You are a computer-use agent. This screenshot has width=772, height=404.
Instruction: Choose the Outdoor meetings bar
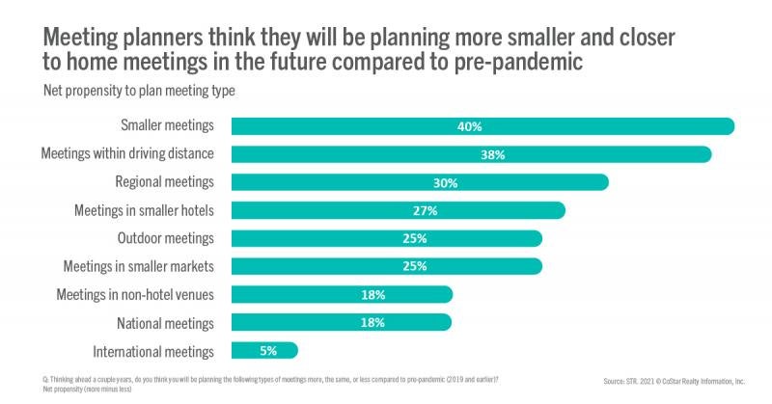(x=386, y=238)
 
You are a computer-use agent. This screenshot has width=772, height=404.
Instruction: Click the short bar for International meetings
(x=264, y=351)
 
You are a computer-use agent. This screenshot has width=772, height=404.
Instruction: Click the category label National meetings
(x=166, y=323)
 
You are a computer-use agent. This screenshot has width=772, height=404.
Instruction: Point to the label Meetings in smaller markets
(x=139, y=266)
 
